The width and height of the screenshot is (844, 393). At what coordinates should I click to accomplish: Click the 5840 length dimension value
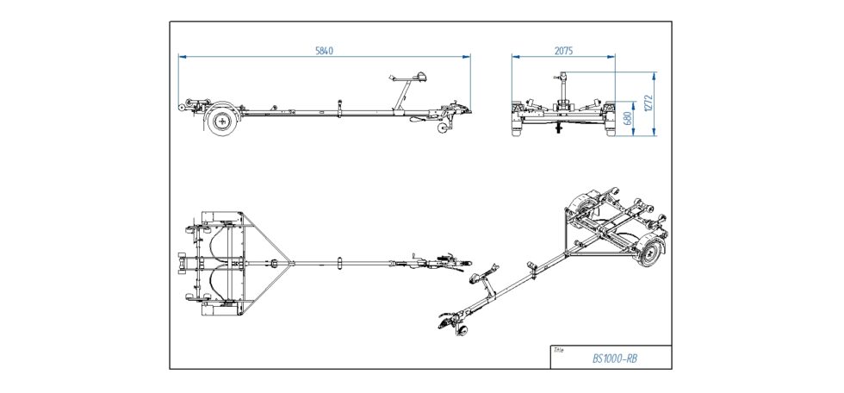[x=325, y=51]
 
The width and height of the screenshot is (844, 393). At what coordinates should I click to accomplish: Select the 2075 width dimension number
[x=563, y=51]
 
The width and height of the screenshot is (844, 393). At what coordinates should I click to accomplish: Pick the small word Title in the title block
[x=559, y=350]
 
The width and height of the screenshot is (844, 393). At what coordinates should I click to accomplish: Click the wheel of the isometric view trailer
[x=652, y=252]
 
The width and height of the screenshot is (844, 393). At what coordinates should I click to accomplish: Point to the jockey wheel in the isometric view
[x=463, y=332]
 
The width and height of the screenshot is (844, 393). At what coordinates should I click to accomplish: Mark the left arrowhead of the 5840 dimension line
[x=181, y=57]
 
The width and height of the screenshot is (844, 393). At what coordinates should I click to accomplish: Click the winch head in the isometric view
[x=475, y=278]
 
